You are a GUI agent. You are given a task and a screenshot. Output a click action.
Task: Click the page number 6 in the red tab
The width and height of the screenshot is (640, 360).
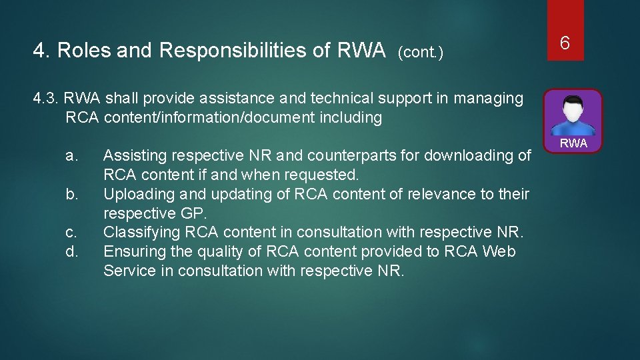tap(564, 43)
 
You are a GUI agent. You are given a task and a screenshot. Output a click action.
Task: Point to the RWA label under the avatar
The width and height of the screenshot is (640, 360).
tap(573, 143)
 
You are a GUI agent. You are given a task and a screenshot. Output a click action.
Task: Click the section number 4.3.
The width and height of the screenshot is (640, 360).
tap(46, 99)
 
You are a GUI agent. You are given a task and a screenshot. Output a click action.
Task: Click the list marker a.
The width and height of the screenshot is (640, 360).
tap(73, 156)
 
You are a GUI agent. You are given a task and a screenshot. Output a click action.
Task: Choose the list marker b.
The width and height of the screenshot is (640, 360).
tap(73, 195)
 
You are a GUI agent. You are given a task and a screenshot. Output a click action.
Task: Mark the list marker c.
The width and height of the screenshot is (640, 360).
tap(72, 233)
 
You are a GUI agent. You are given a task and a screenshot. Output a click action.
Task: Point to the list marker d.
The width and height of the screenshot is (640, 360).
tap(73, 252)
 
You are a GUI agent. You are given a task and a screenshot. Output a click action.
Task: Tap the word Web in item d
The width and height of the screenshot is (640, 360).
tap(499, 252)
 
